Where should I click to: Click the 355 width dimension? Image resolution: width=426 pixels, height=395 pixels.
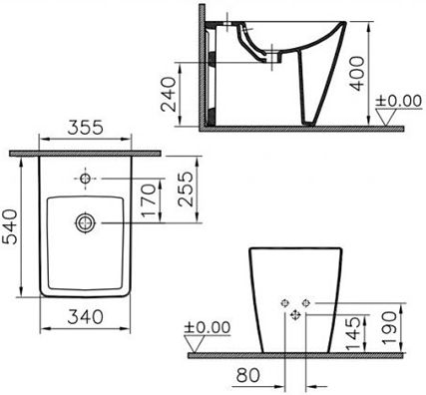click(x=86, y=128)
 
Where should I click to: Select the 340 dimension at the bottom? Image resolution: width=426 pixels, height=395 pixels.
click(x=85, y=317)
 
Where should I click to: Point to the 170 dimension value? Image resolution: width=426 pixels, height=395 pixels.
click(x=149, y=200)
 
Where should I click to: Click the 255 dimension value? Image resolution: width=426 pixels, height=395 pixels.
click(x=186, y=189)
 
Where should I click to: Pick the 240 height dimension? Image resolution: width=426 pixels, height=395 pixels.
click(x=168, y=94)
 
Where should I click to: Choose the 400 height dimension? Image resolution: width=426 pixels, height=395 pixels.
click(x=358, y=74)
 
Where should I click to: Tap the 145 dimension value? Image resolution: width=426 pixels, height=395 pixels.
click(x=353, y=333)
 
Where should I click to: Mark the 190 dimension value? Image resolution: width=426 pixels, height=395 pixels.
click(x=389, y=328)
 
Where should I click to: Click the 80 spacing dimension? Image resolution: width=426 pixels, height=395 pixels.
click(x=247, y=375)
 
